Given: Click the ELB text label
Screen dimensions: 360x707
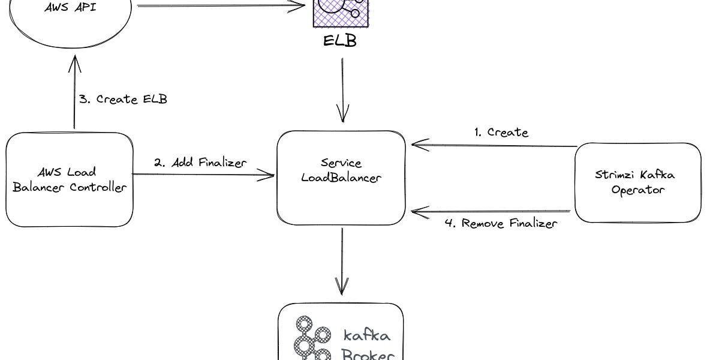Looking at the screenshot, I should (340, 42).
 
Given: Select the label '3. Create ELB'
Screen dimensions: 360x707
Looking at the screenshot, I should (123, 99).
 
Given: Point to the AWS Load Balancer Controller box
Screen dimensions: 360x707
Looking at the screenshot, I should (70, 179).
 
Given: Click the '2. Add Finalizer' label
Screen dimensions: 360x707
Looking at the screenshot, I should (200, 163).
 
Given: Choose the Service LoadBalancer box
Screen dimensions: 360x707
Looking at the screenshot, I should (341, 178).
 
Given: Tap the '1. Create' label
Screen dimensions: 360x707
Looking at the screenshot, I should (501, 133).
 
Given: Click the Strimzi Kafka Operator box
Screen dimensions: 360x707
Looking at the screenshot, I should (637, 182).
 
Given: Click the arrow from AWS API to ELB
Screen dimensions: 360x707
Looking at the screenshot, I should (222, 6).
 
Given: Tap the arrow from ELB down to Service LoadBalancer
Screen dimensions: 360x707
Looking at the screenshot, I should (343, 90).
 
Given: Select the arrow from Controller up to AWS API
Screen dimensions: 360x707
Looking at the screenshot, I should (74, 90).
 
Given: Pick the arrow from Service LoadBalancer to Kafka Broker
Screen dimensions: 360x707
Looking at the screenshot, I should (342, 261).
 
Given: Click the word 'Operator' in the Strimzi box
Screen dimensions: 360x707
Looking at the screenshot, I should (637, 190).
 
